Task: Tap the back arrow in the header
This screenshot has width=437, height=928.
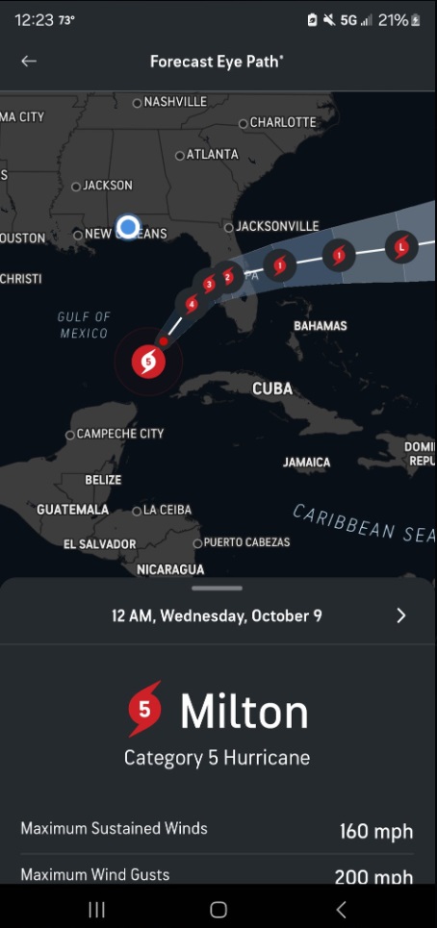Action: (29, 61)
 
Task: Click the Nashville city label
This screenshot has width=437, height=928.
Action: (174, 102)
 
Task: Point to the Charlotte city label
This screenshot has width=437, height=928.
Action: (282, 122)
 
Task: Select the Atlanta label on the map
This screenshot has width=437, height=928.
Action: (211, 154)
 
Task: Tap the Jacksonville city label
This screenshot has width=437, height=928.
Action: (276, 226)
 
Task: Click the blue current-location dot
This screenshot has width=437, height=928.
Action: (128, 227)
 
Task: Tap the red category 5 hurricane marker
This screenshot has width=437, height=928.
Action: (147, 362)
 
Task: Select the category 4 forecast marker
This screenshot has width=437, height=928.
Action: (192, 304)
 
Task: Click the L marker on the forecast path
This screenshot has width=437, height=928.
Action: (401, 247)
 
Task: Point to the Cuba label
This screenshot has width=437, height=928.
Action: (272, 389)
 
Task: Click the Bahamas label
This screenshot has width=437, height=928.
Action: (320, 326)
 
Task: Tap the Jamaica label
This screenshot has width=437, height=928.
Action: (306, 463)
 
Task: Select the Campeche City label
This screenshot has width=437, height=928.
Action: (119, 434)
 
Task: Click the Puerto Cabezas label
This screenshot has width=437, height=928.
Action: (245, 542)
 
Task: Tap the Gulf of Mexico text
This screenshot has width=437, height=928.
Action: (84, 325)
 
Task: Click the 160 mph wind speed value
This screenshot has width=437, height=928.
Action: (375, 831)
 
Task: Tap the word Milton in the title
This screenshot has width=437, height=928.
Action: (244, 713)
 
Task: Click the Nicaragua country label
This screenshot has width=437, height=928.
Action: (170, 569)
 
